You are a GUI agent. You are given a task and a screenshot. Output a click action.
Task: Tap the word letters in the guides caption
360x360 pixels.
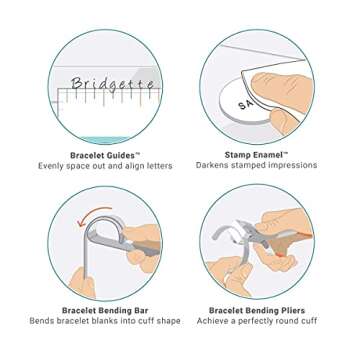(x=135, y=165)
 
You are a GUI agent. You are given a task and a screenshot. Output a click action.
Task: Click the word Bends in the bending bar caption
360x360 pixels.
(x=33, y=325)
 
